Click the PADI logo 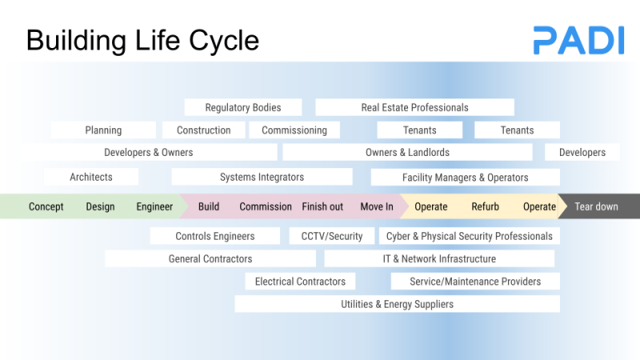pos(578,40)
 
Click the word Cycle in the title pos(224,41)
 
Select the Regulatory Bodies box pos(243,107)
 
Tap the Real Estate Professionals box pos(414,107)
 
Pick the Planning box pos(103,130)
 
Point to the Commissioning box pos(294,130)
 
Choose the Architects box pos(91,177)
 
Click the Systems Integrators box pos(262,177)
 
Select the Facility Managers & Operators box pos(466,178)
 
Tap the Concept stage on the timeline pos(46,206)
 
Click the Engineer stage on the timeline pos(154,206)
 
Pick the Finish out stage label pos(322,206)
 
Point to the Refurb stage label pos(486,206)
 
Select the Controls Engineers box pos(215,236)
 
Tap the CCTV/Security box pos(332,236)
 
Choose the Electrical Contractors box pos(301,282)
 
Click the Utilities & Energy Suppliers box pos(397,304)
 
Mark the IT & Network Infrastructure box pos(439,258)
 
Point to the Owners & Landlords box pos(407,152)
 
